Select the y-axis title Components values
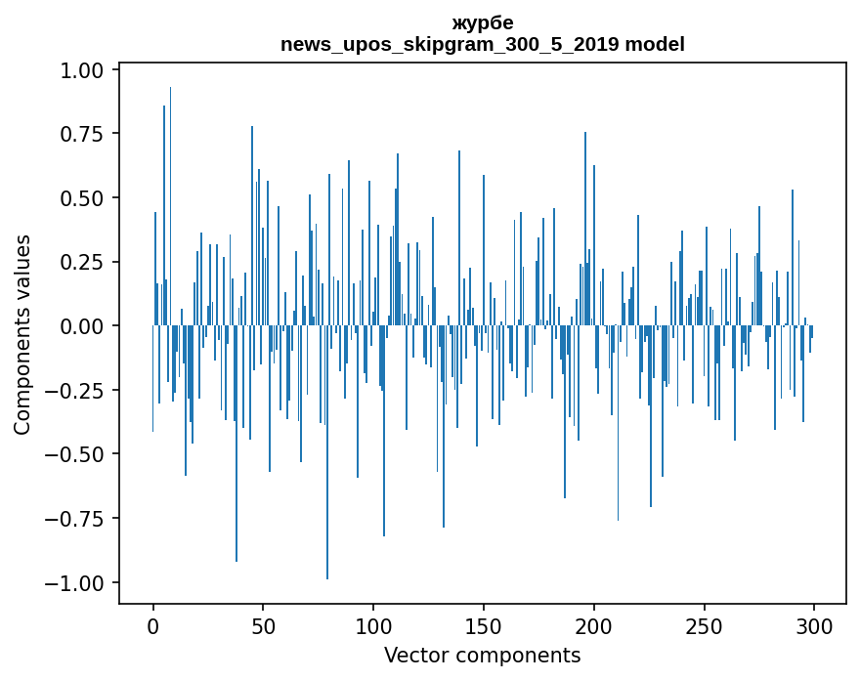tap(22, 333)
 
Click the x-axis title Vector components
tap(482, 655)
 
